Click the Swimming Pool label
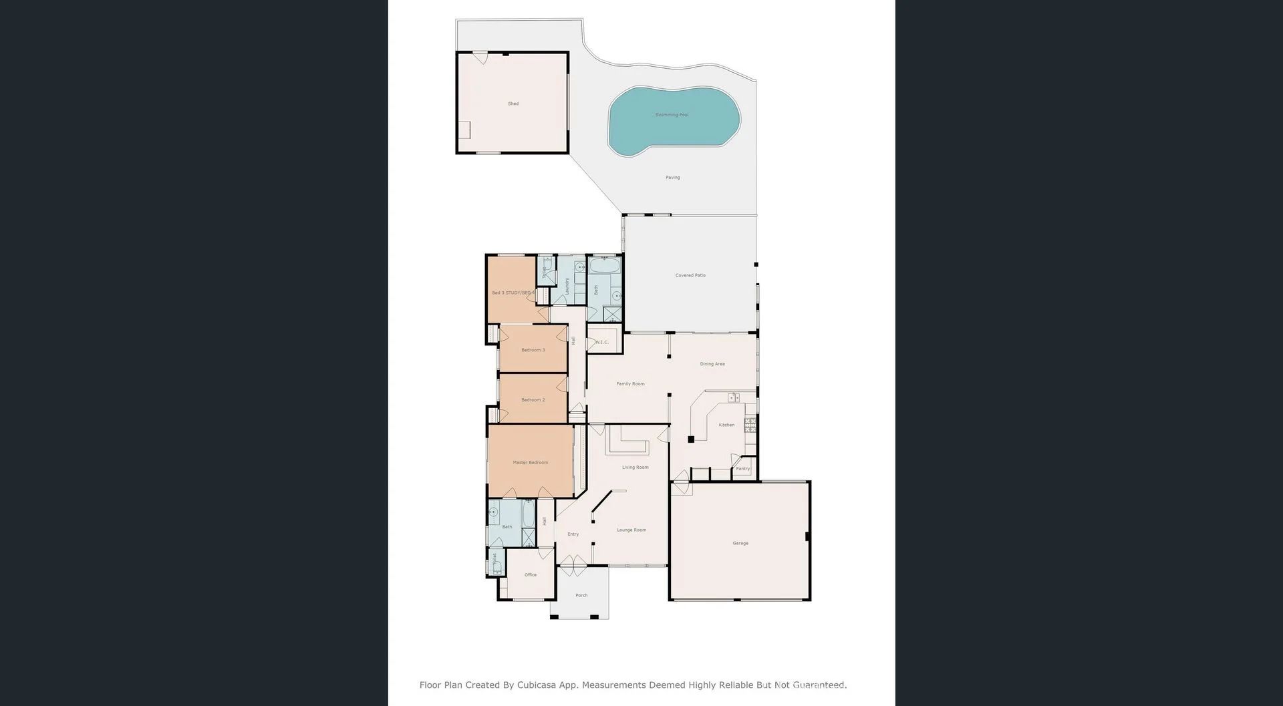672,115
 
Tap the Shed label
513,104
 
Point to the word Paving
672,178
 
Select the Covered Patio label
690,275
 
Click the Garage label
740,543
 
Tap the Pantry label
743,469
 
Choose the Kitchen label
726,425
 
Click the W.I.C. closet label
601,343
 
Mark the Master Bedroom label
530,462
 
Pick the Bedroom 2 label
533,399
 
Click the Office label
530,574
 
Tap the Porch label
581,595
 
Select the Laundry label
567,287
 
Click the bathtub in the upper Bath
604,266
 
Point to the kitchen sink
734,398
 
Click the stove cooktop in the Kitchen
750,425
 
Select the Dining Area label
712,364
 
